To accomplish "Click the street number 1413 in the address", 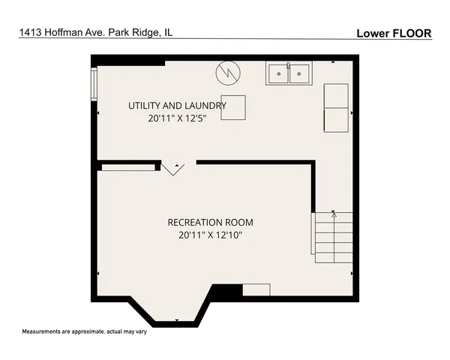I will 31,33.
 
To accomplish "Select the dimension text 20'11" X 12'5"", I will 177,118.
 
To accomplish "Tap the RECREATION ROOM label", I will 210,222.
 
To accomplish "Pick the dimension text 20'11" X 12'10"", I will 210,235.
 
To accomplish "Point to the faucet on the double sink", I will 288,67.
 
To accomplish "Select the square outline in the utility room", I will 233,107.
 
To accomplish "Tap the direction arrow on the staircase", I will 334,215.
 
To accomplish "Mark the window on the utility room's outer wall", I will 94,84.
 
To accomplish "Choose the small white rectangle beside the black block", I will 256,289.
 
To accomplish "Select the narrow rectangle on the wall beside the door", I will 127,166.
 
